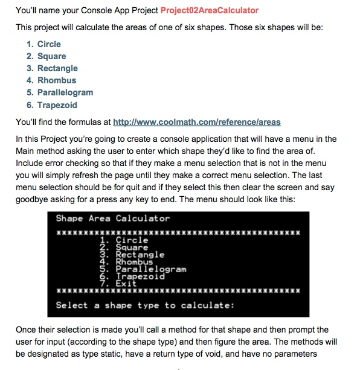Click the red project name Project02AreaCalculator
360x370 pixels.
(210, 10)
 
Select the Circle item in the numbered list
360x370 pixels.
(48, 44)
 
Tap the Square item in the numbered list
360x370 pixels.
(51, 56)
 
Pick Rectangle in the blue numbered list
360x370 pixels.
(57, 68)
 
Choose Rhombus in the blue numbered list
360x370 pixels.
(57, 80)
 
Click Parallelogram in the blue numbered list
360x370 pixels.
(65, 92)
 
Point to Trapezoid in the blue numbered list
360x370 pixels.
(57, 105)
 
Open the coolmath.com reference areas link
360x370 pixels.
(197, 122)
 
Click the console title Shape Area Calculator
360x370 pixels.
(113, 218)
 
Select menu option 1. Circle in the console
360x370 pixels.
(124, 240)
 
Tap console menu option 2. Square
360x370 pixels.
(124, 247)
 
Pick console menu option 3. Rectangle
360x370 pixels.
(131, 255)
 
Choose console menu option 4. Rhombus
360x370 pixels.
(126, 262)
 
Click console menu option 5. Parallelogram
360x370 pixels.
(143, 269)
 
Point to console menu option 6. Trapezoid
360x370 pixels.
(132, 276)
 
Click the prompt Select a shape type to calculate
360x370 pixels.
(145, 305)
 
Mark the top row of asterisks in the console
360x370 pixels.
(178, 232)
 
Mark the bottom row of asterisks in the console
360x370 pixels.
(178, 291)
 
